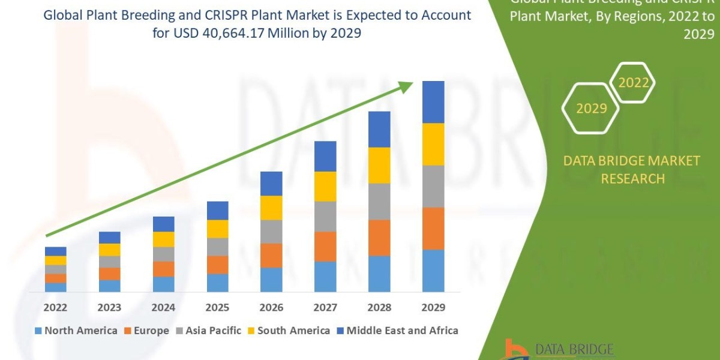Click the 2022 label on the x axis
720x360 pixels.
(55, 307)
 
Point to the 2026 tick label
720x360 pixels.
(271, 307)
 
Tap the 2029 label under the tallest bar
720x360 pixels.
(433, 307)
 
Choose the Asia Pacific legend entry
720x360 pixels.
(208, 331)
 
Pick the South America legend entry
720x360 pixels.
(288, 331)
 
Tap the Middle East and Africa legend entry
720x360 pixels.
(397, 331)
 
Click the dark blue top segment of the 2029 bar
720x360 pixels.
(433, 102)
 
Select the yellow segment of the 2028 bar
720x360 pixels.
(379, 165)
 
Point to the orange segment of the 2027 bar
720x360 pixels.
(325, 246)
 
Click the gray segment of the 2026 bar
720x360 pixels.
(271, 231)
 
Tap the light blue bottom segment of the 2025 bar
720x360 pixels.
(217, 283)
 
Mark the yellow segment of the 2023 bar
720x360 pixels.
(109, 250)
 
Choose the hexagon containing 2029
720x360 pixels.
(591, 109)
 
